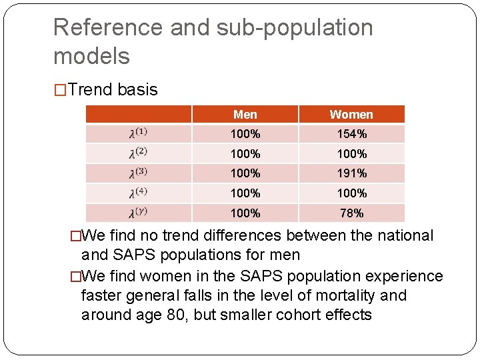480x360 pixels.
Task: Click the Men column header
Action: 245,115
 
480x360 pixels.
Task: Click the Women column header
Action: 351,115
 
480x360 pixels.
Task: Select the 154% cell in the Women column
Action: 351,134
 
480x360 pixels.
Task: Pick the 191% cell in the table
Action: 351,173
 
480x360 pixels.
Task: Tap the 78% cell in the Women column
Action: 351,213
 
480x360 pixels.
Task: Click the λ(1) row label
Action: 138,133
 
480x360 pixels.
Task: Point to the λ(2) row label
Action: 138,153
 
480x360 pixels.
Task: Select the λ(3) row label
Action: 138,173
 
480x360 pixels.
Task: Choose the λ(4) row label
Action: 138,193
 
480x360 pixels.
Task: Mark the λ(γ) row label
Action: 138,213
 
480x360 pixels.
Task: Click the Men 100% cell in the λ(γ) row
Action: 245,213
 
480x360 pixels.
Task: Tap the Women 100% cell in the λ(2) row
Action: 351,154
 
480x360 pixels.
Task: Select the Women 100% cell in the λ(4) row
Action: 351,193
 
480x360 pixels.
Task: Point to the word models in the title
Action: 91,56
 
